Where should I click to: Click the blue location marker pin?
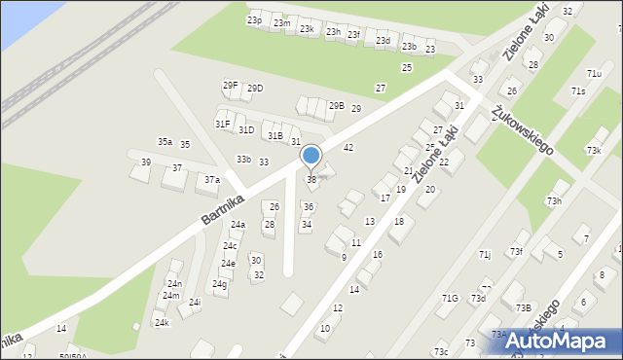[311, 156]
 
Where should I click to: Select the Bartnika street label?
[221, 206]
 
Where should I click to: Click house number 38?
[311, 179]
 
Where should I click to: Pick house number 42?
[348, 147]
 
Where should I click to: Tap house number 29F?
[230, 86]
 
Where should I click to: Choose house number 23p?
[254, 20]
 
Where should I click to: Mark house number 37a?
[211, 179]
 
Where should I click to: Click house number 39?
[146, 162]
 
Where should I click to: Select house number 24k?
[162, 322]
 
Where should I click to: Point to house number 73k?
[594, 150]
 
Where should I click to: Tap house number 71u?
[594, 74]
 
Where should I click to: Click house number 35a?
[165, 142]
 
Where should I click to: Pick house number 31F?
[223, 124]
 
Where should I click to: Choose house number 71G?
[450, 299]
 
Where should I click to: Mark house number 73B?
[524, 307]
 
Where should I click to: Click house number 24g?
[220, 284]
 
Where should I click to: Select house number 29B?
[336, 106]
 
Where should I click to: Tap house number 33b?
[243, 160]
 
